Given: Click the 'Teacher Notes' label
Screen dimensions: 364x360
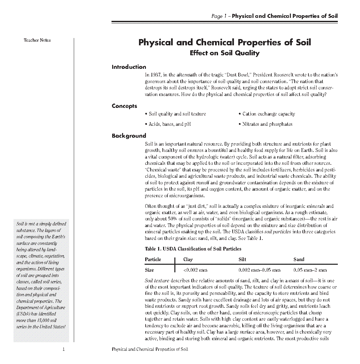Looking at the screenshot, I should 37,40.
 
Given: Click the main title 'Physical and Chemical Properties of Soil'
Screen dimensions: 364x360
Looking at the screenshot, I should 225,42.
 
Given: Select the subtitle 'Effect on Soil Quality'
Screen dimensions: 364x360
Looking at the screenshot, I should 225,53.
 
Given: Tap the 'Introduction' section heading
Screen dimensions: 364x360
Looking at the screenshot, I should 129,67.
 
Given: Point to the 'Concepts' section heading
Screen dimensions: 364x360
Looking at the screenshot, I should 124,106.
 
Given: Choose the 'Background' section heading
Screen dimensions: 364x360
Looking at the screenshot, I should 129,136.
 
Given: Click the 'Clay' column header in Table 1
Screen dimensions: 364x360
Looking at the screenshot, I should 188,259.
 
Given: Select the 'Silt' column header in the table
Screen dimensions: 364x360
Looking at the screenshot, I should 242,259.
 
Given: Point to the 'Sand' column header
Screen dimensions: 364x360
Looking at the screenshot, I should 299,259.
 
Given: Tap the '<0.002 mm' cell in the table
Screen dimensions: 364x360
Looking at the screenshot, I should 196,270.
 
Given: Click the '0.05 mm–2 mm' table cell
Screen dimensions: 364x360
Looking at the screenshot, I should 310,270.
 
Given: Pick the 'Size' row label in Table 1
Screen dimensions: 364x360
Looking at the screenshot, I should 149,270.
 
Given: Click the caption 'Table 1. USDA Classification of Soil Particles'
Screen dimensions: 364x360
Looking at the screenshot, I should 193,249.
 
